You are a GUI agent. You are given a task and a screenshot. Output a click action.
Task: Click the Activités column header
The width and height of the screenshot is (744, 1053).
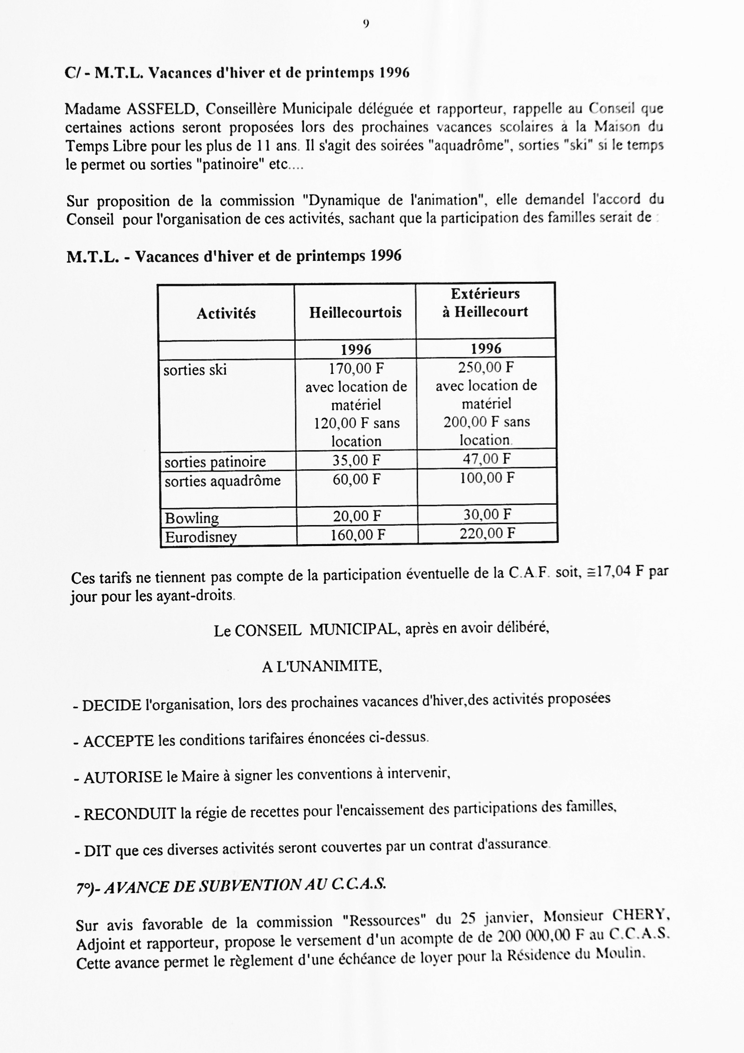(x=226, y=313)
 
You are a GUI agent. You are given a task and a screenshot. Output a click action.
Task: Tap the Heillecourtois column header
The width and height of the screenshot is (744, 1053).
(x=356, y=312)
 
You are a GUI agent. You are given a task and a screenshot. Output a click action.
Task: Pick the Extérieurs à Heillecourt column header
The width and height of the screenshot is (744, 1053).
(x=485, y=303)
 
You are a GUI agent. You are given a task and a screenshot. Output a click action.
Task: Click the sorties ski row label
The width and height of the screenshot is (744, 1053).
(x=195, y=370)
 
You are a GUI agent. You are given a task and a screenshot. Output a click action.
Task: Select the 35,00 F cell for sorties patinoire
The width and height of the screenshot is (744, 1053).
(x=356, y=460)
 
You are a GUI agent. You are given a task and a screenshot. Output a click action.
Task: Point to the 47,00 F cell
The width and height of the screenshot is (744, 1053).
(x=487, y=459)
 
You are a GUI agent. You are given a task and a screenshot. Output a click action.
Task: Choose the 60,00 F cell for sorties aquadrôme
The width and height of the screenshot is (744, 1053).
(x=356, y=479)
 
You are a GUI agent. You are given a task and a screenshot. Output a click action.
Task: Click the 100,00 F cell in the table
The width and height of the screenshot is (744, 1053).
(x=487, y=478)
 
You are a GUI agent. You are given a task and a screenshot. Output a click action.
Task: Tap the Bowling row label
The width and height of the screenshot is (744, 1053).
(x=192, y=518)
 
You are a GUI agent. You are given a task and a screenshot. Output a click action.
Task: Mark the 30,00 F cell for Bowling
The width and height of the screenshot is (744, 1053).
(x=487, y=514)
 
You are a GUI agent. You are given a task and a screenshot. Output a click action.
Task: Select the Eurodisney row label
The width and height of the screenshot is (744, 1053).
(x=201, y=537)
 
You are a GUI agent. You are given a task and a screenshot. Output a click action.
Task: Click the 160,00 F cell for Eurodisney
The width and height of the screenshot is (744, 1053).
(x=357, y=535)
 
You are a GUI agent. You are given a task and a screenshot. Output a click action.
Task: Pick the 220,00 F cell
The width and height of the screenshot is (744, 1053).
(x=487, y=533)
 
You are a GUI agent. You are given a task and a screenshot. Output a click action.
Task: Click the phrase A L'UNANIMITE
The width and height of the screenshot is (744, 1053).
(x=322, y=667)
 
